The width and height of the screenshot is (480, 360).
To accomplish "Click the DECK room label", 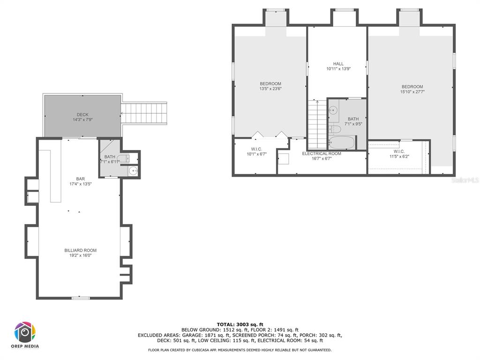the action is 82,115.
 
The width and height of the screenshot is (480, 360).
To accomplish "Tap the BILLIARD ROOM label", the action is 81,250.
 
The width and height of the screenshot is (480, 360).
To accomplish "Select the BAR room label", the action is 81,179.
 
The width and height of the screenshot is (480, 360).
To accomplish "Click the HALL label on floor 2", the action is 338,64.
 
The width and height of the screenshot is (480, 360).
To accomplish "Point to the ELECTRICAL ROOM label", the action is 322,154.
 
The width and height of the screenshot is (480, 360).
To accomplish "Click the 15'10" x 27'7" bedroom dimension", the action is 412,91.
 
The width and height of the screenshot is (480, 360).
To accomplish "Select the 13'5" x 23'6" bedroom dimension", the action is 270,89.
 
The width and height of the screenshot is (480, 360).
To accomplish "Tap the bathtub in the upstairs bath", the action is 342,142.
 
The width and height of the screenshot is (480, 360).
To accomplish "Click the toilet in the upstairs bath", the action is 335,129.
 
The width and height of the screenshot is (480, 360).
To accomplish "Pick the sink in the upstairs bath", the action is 333,110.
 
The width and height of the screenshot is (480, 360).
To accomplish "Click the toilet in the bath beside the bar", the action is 124,158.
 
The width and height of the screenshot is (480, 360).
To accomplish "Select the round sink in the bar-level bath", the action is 133,171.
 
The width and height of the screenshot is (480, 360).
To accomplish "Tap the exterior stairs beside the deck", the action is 144,113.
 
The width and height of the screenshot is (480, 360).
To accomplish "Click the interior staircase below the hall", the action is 317,124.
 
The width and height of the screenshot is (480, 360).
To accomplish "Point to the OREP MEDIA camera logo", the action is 25,332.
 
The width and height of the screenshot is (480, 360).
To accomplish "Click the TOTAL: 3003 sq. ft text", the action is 240,324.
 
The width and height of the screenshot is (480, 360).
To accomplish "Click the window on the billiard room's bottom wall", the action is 81,298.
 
